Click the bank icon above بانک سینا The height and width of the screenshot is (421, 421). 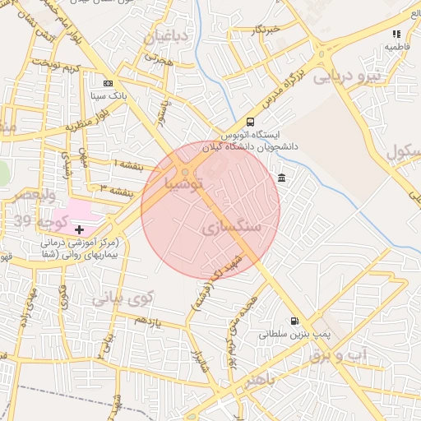click(107, 84)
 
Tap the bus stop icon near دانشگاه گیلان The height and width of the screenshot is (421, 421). click(251, 122)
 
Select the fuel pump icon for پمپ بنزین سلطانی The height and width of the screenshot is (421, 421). click(294, 322)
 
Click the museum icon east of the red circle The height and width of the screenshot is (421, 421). click(282, 178)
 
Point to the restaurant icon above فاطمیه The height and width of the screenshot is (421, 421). click(396, 35)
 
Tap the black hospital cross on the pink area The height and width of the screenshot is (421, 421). click(79, 229)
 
